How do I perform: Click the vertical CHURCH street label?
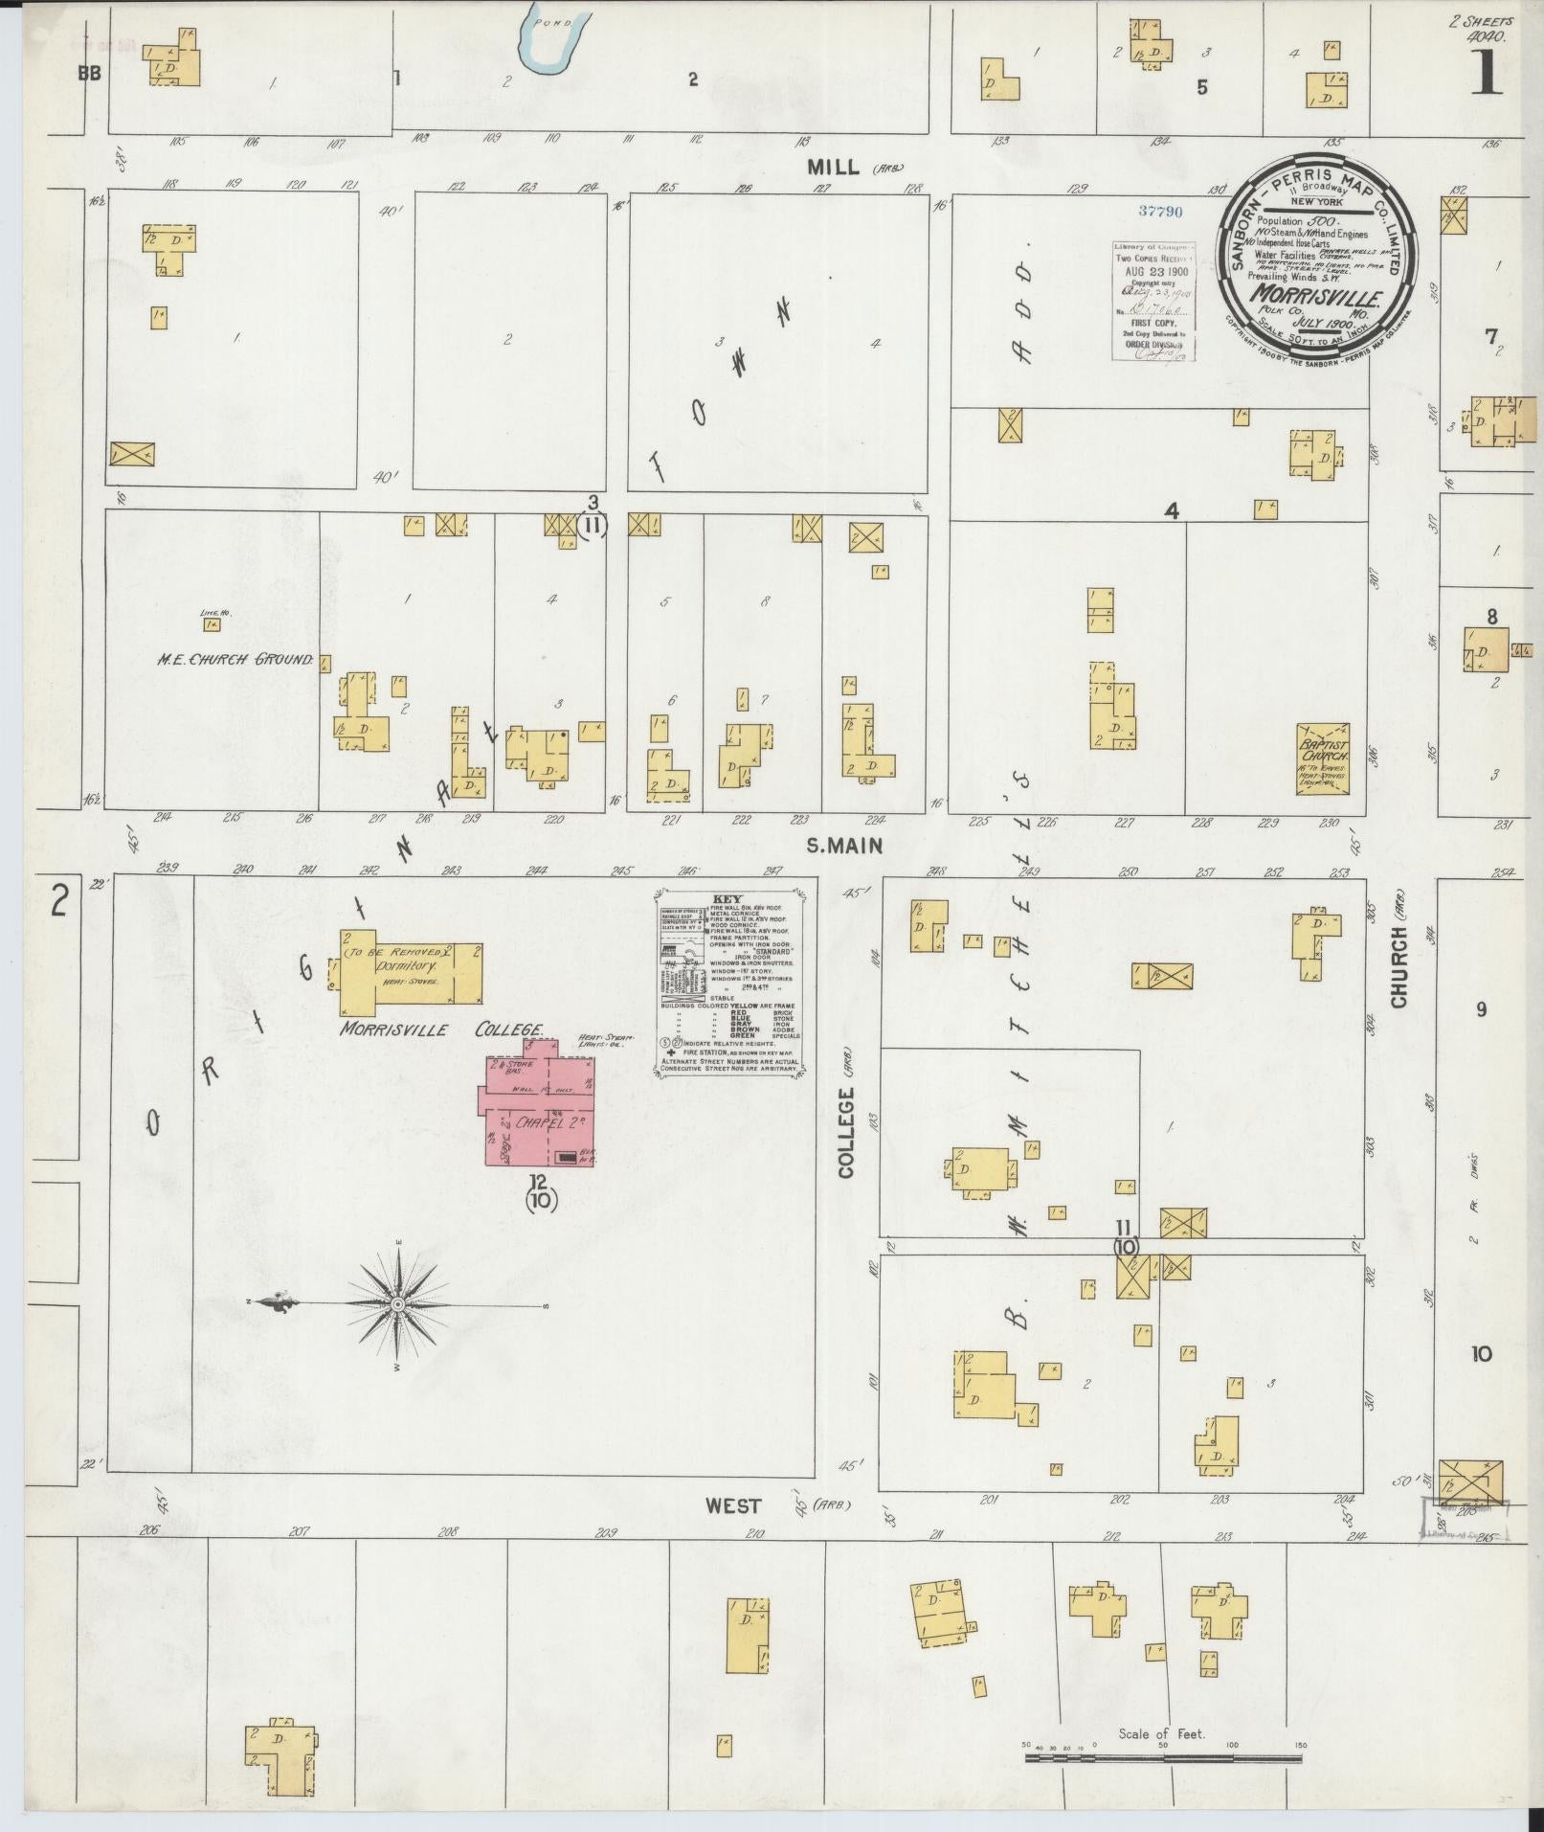coord(1399,966)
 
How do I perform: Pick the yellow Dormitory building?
coord(410,972)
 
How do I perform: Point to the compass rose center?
coord(397,1304)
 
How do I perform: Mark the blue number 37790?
coord(1162,211)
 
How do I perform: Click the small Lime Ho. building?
coord(211,624)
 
